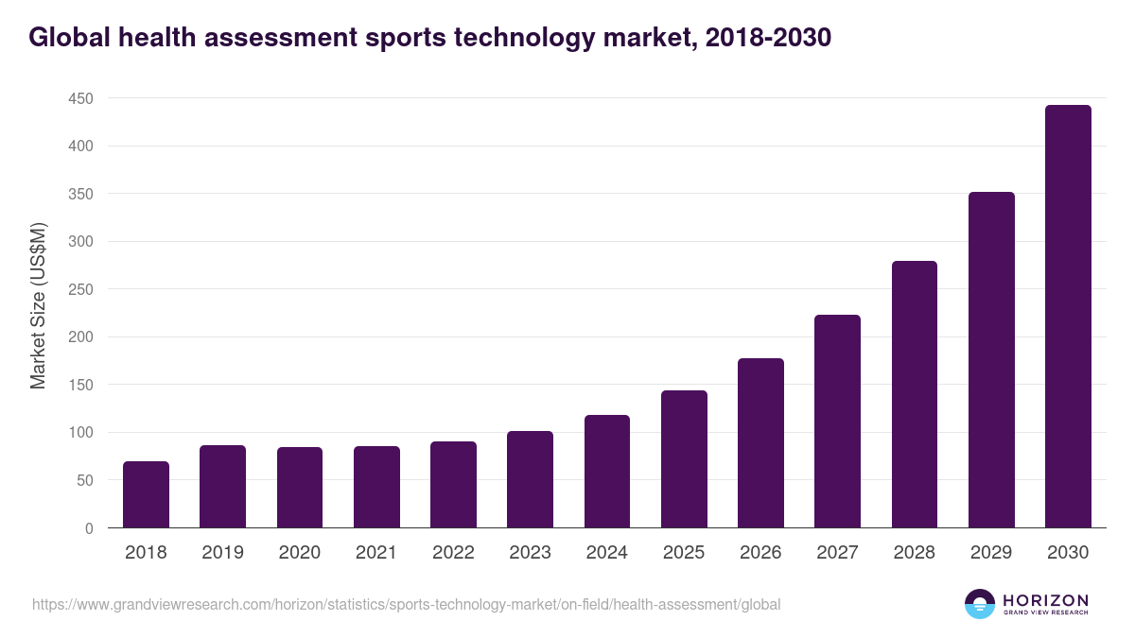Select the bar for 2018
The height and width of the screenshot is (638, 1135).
click(146, 494)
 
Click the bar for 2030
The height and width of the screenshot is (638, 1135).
click(1068, 317)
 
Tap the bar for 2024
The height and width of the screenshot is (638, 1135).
click(607, 471)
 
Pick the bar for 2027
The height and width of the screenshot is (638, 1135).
click(837, 422)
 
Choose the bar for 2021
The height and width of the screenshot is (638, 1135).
click(376, 487)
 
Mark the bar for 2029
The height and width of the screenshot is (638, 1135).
click(991, 360)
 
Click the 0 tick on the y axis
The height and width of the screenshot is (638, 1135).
click(89, 528)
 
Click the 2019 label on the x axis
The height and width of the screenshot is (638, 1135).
click(223, 553)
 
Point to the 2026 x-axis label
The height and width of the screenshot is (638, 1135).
click(760, 553)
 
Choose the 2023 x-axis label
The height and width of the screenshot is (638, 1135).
click(530, 553)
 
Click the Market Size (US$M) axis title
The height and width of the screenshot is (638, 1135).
click(38, 305)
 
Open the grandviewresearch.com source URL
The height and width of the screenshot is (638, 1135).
click(407, 604)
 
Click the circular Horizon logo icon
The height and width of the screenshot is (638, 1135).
click(980, 604)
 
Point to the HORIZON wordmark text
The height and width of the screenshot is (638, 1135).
click(1045, 600)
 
